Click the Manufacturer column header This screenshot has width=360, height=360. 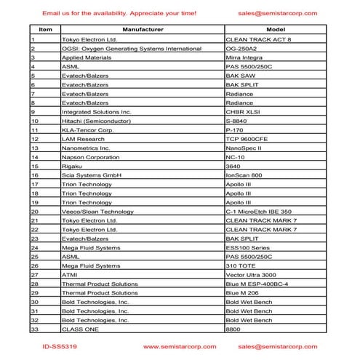click(x=141, y=29)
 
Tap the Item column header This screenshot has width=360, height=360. click(x=45, y=29)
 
